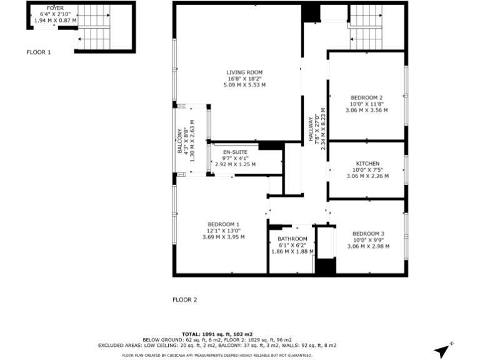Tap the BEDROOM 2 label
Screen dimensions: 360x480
click(x=367, y=97)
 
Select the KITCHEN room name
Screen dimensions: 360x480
click(x=367, y=164)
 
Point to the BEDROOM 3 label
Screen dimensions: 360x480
click(x=367, y=234)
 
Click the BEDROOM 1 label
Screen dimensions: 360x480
click(x=223, y=224)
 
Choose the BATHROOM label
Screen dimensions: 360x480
click(x=292, y=239)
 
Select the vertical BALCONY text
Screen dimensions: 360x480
click(x=179, y=141)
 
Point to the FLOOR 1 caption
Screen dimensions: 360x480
click(x=39, y=52)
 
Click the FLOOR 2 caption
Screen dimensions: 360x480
click(x=184, y=300)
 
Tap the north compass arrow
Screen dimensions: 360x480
click(x=442, y=350)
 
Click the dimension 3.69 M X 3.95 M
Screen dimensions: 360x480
click(x=223, y=237)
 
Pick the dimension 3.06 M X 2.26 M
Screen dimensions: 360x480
click(x=367, y=176)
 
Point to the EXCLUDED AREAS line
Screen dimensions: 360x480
click(x=217, y=346)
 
